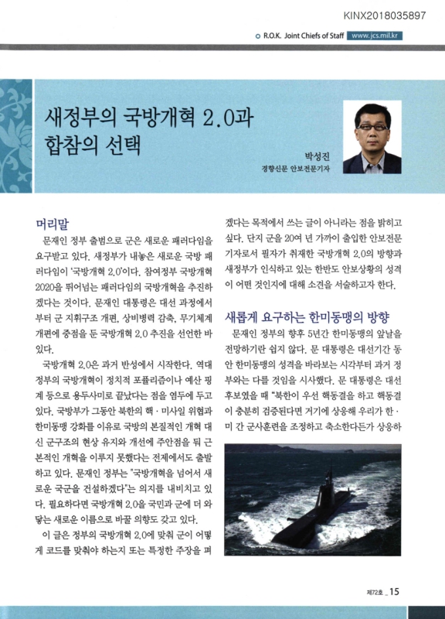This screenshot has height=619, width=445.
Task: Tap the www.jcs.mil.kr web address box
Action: coord(374,35)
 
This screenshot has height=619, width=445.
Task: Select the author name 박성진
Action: coord(316,154)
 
